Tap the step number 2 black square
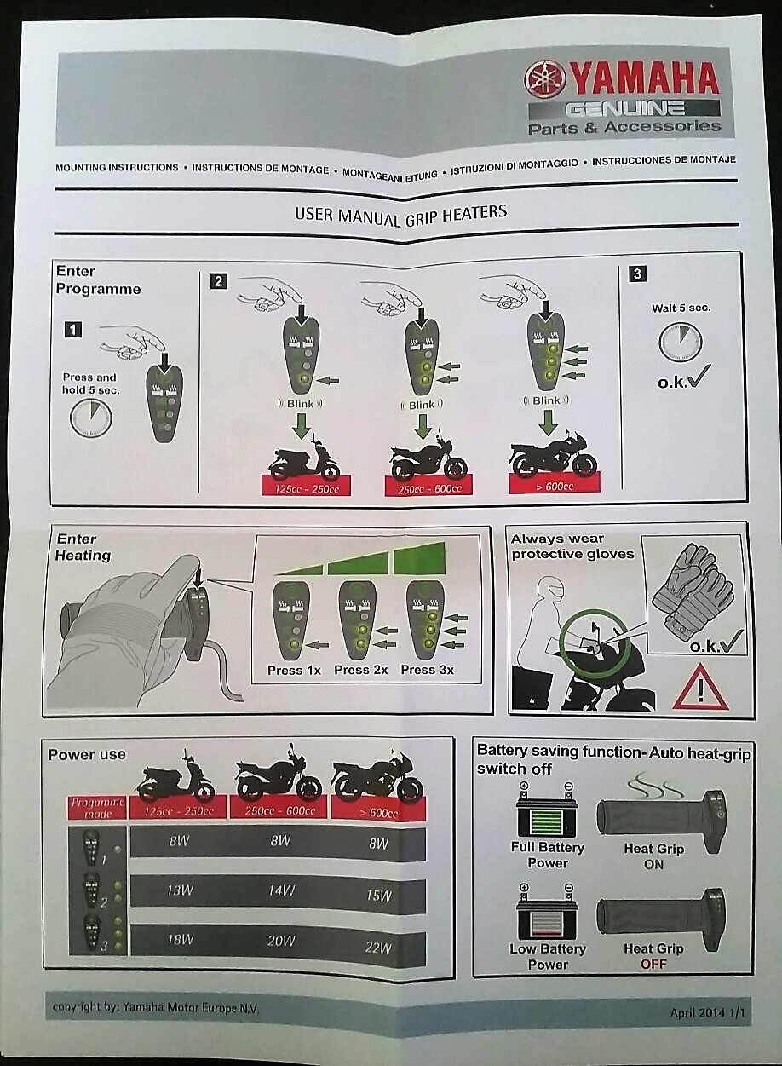pos(218,281)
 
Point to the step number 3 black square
pos(637,274)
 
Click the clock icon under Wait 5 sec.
pos(681,343)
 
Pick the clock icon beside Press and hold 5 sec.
pos(91,418)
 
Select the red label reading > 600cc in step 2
pos(555,486)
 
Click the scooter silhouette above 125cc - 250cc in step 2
pos(304,456)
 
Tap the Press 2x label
pos(360,670)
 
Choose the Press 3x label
pos(427,670)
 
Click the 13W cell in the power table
pos(180,890)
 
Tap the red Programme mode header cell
pos(97,808)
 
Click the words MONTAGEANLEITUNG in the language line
pos(389,174)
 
